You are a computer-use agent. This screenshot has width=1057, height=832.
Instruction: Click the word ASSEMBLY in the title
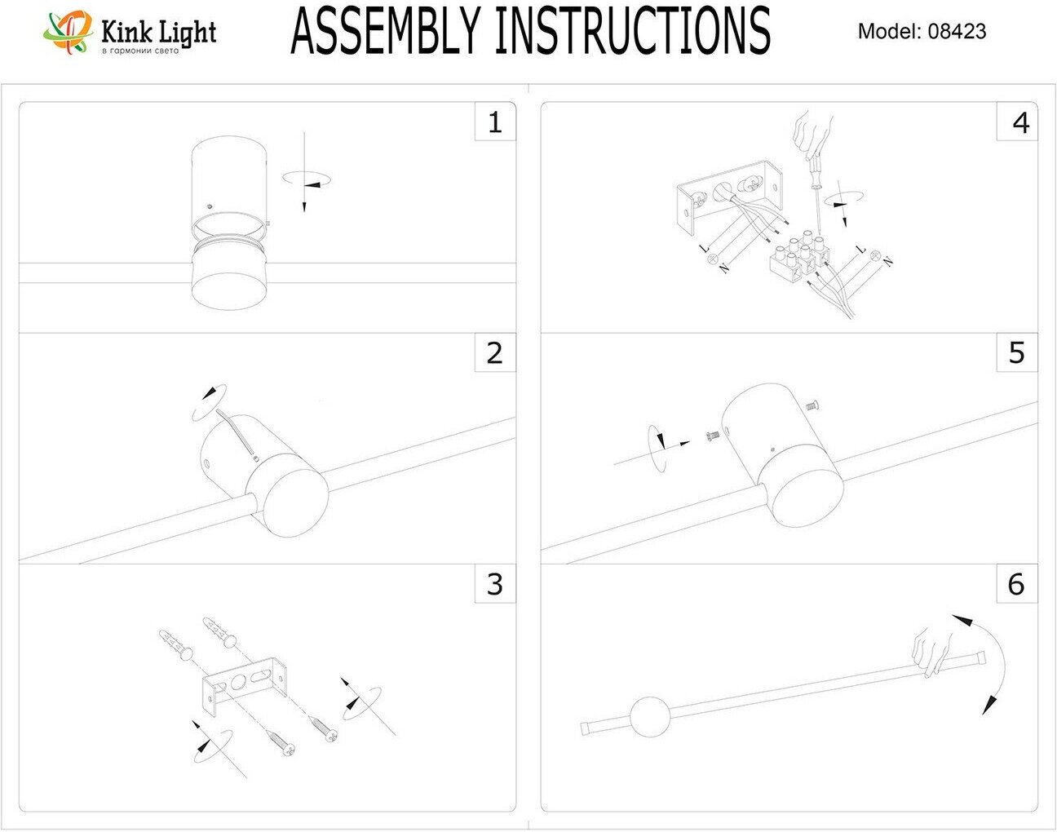387,32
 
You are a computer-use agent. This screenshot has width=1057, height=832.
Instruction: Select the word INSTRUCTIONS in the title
632,32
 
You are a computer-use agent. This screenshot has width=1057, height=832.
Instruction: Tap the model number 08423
957,32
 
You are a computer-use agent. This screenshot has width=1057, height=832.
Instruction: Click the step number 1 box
495,122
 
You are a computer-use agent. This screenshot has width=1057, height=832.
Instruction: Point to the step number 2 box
495,353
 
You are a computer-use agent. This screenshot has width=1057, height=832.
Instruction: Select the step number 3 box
495,584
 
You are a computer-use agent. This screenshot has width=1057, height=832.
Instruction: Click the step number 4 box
1017,122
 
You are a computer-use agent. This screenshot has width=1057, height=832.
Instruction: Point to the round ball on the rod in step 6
650,717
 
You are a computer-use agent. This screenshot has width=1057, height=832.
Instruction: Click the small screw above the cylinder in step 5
812,404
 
